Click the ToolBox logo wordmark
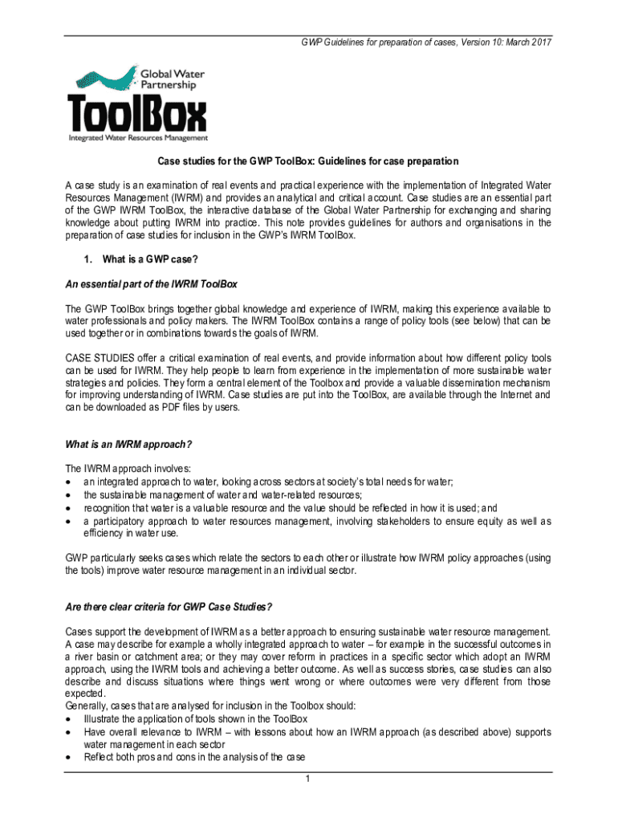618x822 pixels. coord(136,112)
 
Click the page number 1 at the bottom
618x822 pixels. coord(307,778)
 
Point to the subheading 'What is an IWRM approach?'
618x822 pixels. coord(128,444)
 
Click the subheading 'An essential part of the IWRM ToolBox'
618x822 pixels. coord(151,283)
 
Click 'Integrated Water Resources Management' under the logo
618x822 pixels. coord(137,138)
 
